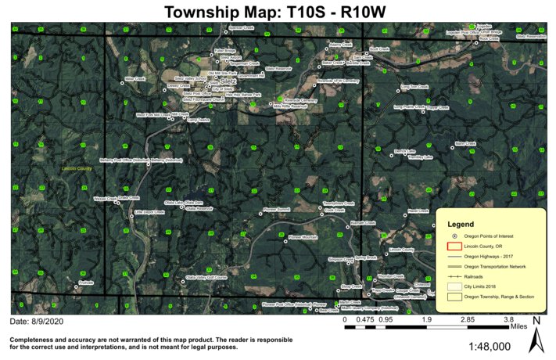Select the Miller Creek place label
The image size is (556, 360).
(135, 78)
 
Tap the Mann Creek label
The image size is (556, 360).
(487, 143)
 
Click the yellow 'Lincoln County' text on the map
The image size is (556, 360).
(78, 168)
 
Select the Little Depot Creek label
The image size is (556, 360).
(149, 211)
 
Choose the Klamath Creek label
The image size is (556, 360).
(364, 223)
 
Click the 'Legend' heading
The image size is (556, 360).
(461, 224)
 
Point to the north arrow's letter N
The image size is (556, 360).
(536, 320)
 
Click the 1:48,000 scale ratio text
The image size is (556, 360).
(491, 346)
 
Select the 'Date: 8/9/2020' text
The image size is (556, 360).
(37, 322)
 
